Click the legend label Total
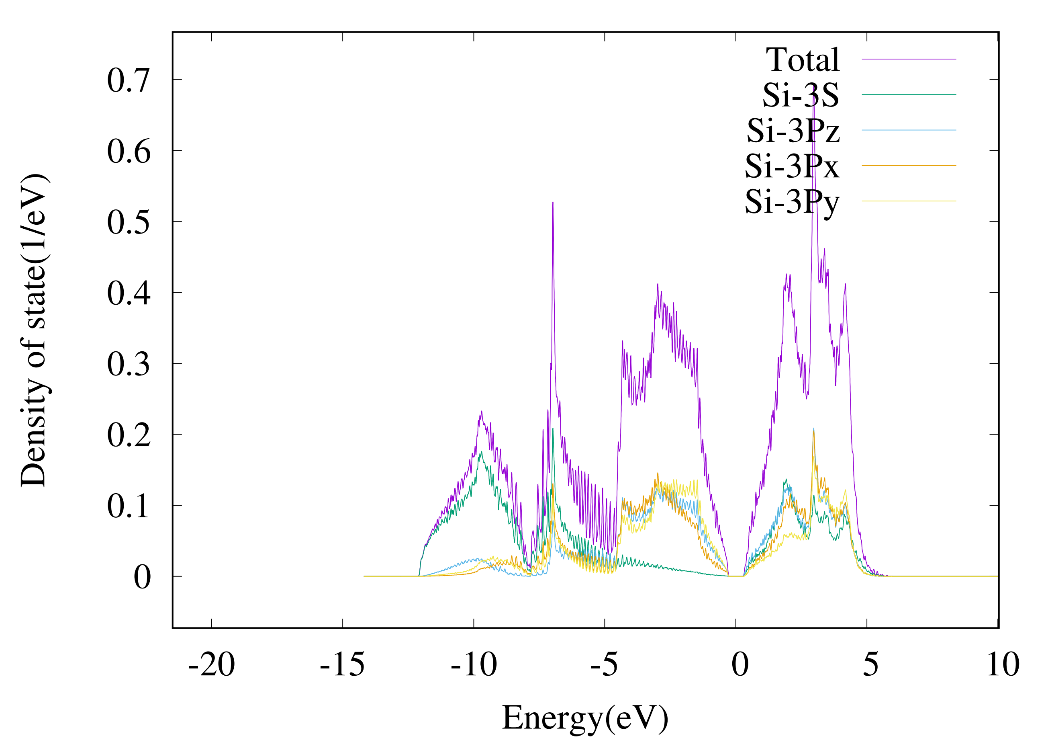click(x=803, y=60)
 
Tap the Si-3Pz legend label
click(x=793, y=131)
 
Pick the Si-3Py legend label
click(x=792, y=202)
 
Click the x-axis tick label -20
click(x=211, y=664)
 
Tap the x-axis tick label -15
click(x=342, y=664)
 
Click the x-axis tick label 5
click(x=870, y=664)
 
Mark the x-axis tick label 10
click(x=1003, y=664)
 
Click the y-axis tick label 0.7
click(x=128, y=80)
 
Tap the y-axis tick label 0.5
click(x=128, y=222)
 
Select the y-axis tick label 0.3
click(x=128, y=365)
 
